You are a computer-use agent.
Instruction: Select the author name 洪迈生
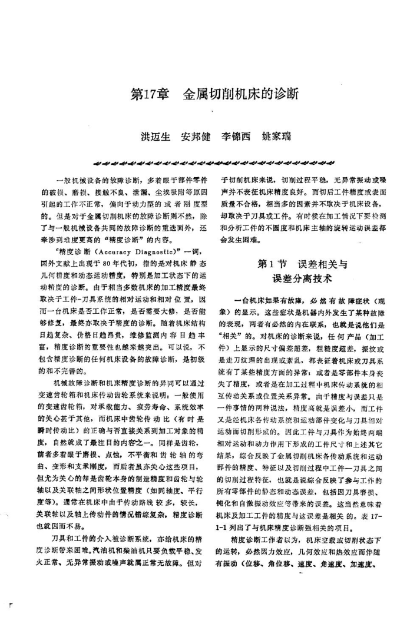pos(154,137)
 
